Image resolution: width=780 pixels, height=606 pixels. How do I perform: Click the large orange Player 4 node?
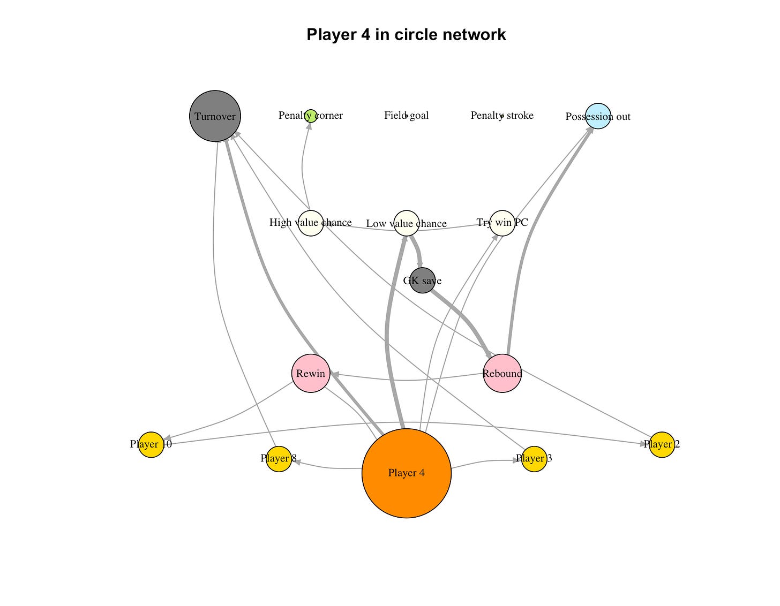pyautogui.click(x=406, y=473)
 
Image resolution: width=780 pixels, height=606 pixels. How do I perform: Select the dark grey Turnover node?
pyautogui.click(x=215, y=116)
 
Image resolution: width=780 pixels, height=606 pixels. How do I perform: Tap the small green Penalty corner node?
pyautogui.click(x=311, y=116)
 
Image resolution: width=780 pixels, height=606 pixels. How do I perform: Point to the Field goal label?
pyautogui.click(x=406, y=116)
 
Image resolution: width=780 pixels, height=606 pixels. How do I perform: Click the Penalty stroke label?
pyautogui.click(x=502, y=116)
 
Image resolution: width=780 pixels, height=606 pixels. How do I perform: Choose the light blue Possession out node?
pyautogui.click(x=598, y=116)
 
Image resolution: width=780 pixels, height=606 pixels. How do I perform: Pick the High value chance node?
pyautogui.click(x=311, y=223)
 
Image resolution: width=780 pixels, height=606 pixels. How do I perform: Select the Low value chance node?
pyautogui.click(x=406, y=223)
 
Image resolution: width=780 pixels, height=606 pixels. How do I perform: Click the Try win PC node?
pyautogui.click(x=502, y=223)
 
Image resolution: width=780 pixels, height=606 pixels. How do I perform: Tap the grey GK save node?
pyautogui.click(x=422, y=281)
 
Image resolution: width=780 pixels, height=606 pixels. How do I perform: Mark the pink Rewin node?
pyautogui.click(x=311, y=373)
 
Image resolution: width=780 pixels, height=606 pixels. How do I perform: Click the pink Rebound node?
pyautogui.click(x=502, y=373)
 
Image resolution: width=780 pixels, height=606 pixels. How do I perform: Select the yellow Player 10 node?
pyautogui.click(x=151, y=444)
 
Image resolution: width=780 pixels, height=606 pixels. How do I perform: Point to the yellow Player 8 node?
pyautogui.click(x=279, y=459)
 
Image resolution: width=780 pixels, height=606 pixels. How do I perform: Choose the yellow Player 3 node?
pyautogui.click(x=534, y=459)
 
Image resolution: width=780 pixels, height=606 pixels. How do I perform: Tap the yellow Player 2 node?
pyautogui.click(x=662, y=444)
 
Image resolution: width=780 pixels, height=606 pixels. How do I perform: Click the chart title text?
pyautogui.click(x=406, y=34)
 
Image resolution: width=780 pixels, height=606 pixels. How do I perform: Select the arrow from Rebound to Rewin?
pyautogui.click(x=407, y=380)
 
